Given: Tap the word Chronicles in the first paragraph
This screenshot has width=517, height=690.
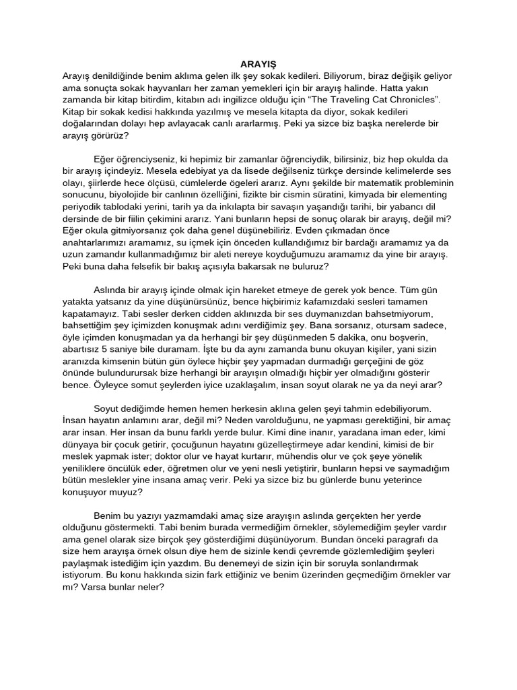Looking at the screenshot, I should point(415,99).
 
